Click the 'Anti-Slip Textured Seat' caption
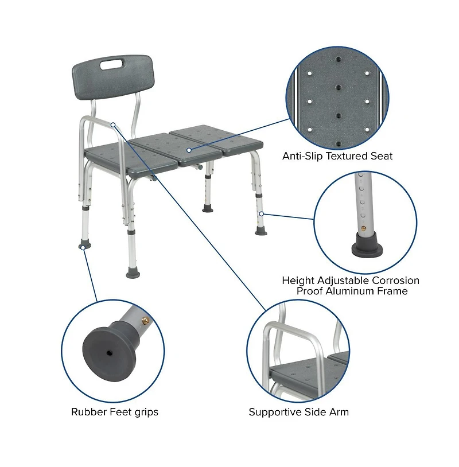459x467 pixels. coord(337,156)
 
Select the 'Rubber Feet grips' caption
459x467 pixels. coord(115,412)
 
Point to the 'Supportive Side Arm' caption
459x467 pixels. coord(298,412)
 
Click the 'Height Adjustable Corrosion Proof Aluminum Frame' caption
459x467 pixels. coord(351,286)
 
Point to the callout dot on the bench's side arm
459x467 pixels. coord(114,124)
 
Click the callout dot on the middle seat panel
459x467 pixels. coord(188,150)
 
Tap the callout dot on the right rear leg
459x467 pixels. coord(261,213)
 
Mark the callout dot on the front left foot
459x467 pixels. coord(84,247)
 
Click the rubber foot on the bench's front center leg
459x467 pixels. coord(133,273)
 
